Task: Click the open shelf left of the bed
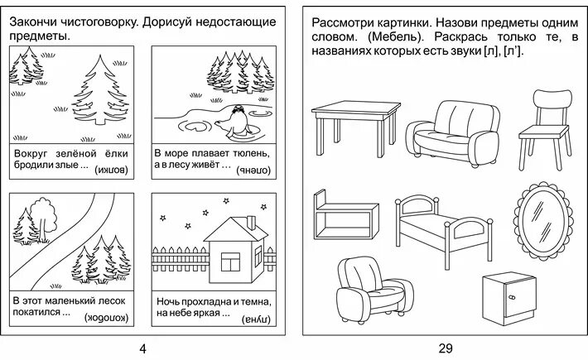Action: coord(340,214)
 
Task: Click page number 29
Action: coord(446,348)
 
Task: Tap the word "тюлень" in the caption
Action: coord(249,154)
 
